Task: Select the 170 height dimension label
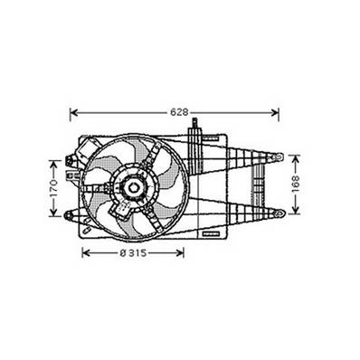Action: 53,188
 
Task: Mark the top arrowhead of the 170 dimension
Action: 53,163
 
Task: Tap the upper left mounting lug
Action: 71,163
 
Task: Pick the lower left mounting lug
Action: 71,214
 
